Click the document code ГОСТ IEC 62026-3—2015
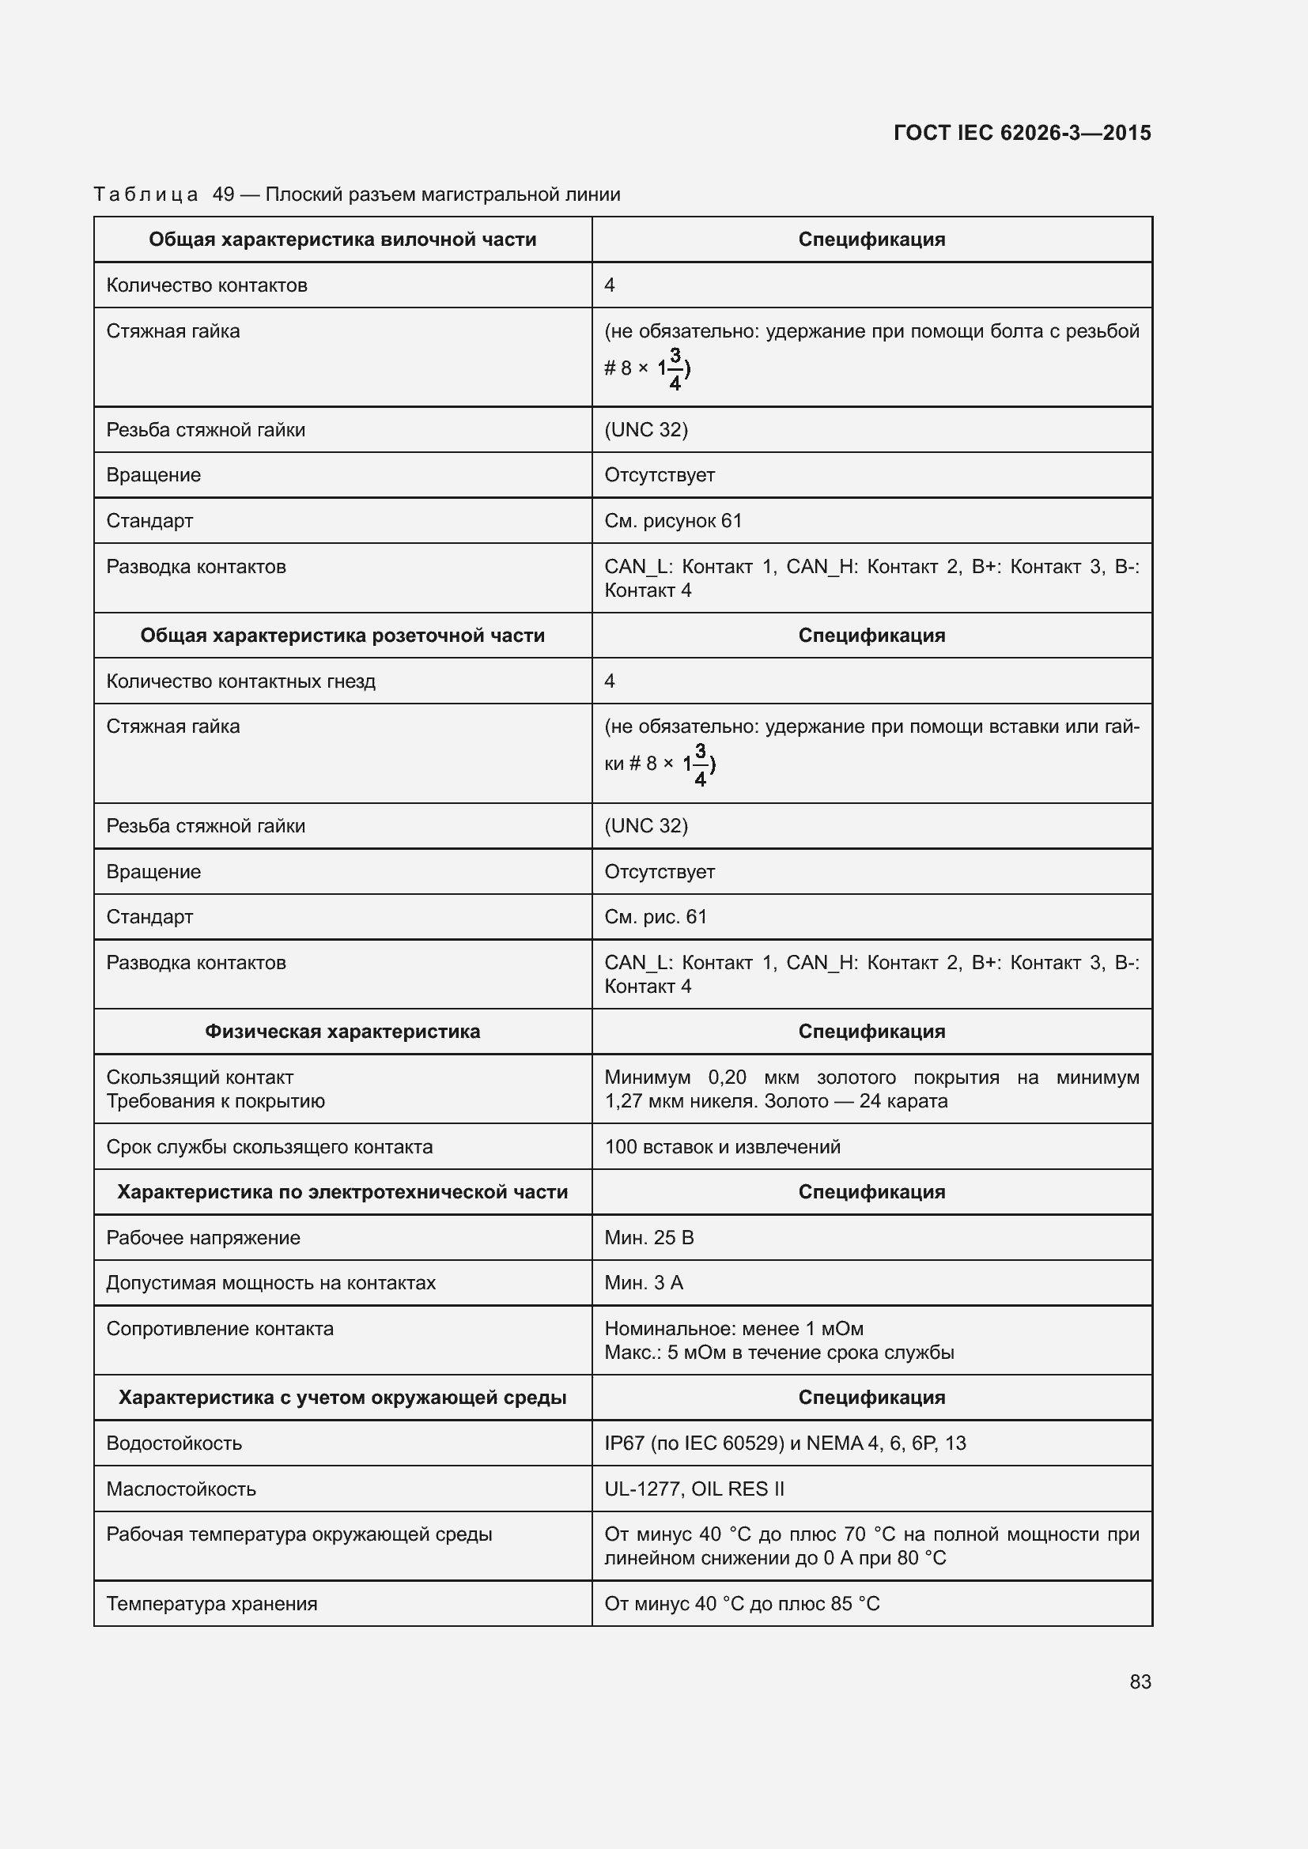[1021, 133]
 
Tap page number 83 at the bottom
[1140, 1681]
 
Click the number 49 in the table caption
[223, 194]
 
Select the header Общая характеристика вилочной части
[342, 240]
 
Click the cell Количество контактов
[207, 285]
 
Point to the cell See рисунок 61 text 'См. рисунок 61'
[672, 520]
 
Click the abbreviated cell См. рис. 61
[655, 916]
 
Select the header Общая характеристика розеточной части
[342, 636]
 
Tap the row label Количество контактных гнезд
[241, 681]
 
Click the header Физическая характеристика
[342, 1032]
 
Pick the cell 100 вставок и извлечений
[722, 1147]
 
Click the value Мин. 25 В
[648, 1238]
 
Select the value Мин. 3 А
[644, 1283]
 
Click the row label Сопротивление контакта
[220, 1329]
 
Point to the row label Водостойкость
[174, 1443]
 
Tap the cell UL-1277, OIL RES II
[694, 1489]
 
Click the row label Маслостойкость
[181, 1489]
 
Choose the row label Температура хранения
[212, 1603]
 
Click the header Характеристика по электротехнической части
[342, 1192]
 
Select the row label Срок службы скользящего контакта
[269, 1147]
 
